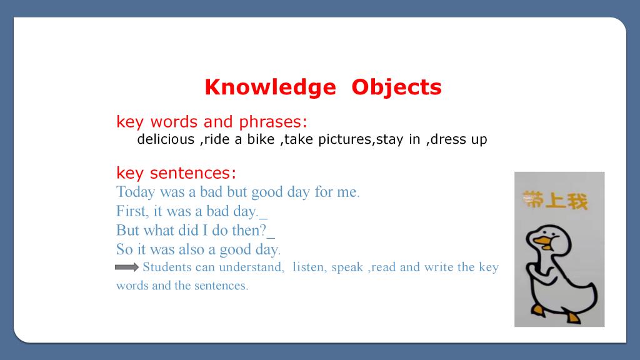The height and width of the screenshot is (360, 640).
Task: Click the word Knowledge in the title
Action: (270, 87)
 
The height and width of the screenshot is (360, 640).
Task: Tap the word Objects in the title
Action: (396, 87)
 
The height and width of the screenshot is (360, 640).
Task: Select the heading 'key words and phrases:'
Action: (211, 122)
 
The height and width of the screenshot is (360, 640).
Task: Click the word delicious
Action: (166, 139)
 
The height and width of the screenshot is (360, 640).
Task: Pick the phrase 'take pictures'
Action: (327, 139)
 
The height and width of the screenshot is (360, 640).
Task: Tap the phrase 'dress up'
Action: (459, 139)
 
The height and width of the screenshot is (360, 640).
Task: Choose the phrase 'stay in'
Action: (398, 139)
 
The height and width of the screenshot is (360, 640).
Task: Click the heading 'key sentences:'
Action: (176, 173)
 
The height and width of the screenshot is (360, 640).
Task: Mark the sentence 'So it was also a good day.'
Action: (198, 249)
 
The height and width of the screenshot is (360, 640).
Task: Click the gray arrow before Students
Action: (127, 267)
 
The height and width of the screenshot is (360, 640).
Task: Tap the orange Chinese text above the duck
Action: (555, 200)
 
